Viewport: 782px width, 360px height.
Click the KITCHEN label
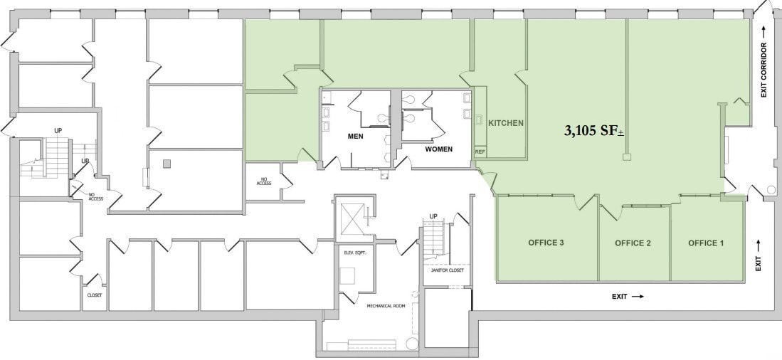(x=505, y=123)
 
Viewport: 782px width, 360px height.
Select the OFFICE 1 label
(x=705, y=243)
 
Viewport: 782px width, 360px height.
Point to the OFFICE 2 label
(x=633, y=243)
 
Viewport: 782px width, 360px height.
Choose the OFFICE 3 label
(x=546, y=243)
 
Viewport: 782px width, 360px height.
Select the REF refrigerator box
(x=480, y=152)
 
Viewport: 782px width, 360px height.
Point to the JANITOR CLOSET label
(x=447, y=270)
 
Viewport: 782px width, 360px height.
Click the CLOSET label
(x=95, y=295)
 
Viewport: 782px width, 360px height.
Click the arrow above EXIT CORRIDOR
(x=763, y=31)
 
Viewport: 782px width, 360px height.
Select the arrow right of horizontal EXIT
(x=637, y=296)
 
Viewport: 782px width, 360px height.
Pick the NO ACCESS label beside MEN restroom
(x=264, y=181)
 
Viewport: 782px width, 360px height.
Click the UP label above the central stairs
(x=433, y=216)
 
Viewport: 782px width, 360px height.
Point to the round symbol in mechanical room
(x=412, y=344)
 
